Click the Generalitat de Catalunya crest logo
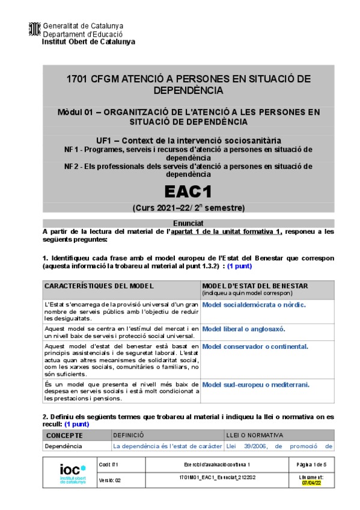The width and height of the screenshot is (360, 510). pyautogui.click(x=35, y=28)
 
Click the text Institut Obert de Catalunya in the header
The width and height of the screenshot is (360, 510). pyautogui.click(x=88, y=42)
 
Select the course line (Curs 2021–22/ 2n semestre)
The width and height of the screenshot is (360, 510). pyautogui.click(x=188, y=209)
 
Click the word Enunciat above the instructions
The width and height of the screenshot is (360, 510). pyautogui.click(x=188, y=223)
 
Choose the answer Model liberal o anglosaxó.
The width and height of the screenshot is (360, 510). pyautogui.click(x=243, y=329)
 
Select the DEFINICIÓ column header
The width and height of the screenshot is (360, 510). pyautogui.click(x=129, y=435)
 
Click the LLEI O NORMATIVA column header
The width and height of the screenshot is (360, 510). pyautogui.click(x=254, y=435)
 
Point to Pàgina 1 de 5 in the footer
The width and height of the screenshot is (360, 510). pyautogui.click(x=312, y=465)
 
